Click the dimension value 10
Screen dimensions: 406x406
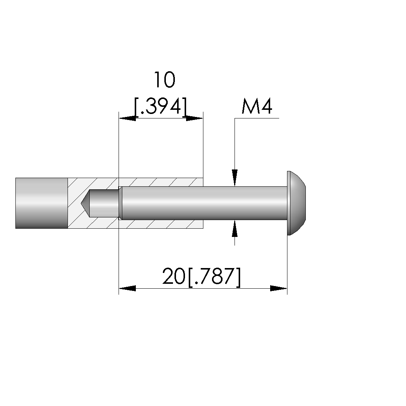click(x=165, y=80)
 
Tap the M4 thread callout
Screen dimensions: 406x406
click(x=257, y=106)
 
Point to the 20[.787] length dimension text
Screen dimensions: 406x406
click(x=201, y=277)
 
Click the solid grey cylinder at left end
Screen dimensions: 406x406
click(x=41, y=203)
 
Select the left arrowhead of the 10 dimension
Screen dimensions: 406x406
click(x=127, y=118)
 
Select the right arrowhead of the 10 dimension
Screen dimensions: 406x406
click(x=195, y=118)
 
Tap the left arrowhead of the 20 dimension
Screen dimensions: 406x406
click(x=127, y=288)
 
